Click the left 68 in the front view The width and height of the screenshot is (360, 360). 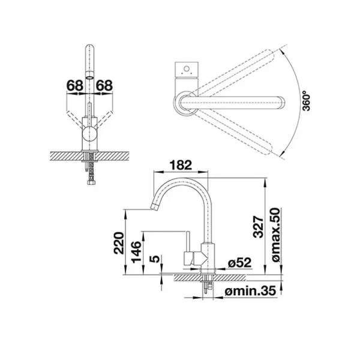pyautogui.click(x=75, y=86)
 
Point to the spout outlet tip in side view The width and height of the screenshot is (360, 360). pyautogui.click(x=154, y=208)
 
